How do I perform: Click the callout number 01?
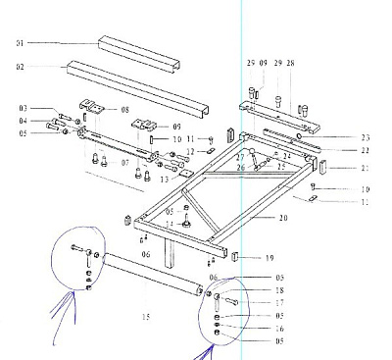(19, 43)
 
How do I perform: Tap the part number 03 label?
(24, 108)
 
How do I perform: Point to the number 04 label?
(24, 121)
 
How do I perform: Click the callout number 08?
(125, 110)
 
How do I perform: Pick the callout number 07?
(152, 162)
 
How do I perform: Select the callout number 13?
(191, 180)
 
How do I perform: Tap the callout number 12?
(191, 151)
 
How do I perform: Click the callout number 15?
(146, 316)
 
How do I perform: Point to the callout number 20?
(284, 218)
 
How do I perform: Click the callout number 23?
(338, 137)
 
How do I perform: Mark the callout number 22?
(338, 150)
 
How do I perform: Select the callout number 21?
(338, 169)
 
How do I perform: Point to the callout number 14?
(169, 225)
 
